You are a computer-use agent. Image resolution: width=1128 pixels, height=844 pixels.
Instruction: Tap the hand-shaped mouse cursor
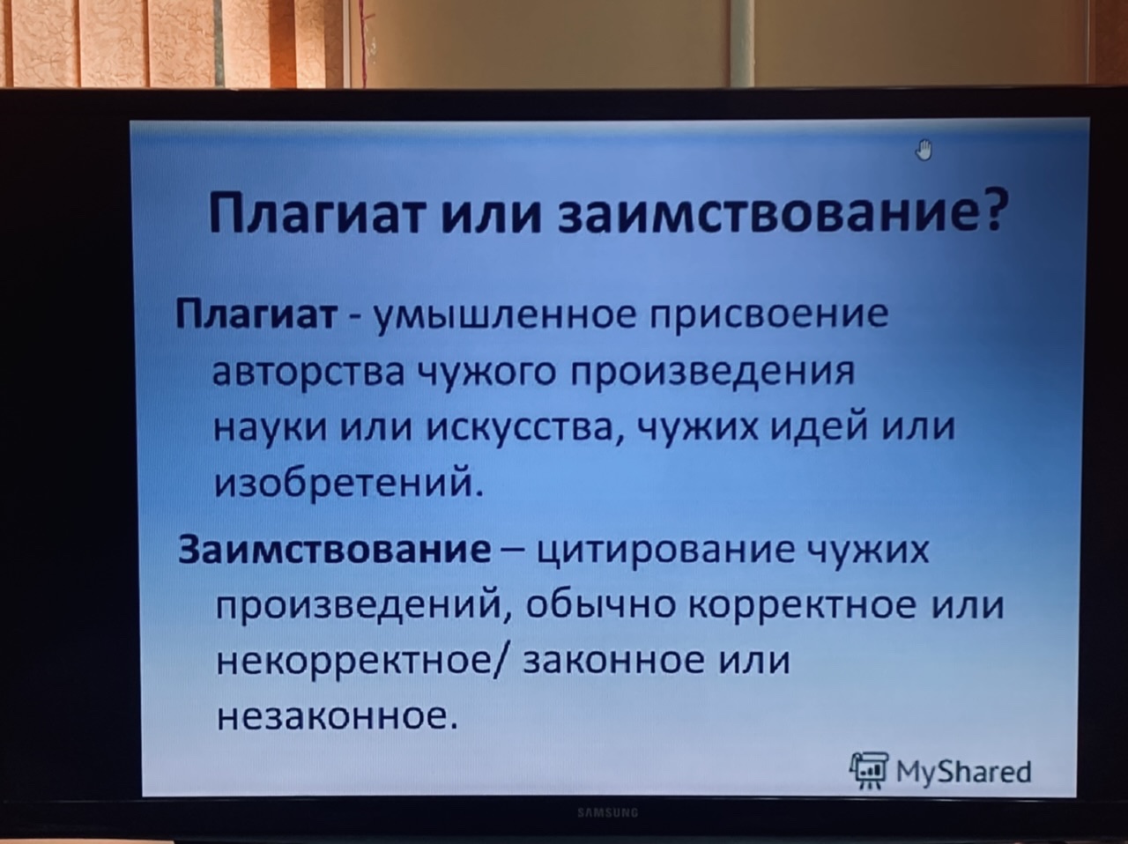(924, 150)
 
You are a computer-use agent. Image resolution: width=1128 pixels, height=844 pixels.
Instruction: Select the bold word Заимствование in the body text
(335, 551)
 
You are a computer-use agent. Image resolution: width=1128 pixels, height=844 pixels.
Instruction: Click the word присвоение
(769, 315)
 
